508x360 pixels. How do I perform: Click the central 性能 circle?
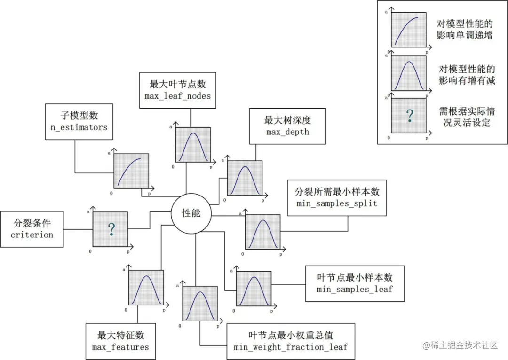click(191, 213)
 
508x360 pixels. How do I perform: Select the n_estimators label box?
click(79, 122)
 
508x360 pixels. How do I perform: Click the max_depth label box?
click(287, 125)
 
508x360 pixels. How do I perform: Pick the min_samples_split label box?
click(337, 197)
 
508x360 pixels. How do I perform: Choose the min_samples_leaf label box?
click(354, 283)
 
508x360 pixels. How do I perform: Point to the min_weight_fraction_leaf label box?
click(290, 341)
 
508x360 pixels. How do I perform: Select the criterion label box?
click(32, 229)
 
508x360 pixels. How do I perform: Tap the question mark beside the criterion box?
click(111, 229)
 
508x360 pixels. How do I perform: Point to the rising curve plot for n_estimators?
click(131, 171)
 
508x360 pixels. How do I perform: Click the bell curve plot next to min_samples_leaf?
click(254, 289)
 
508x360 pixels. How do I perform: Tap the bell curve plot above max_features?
click(146, 287)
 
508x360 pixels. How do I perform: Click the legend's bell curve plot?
click(409, 73)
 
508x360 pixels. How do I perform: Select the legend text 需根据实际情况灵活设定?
click(467, 117)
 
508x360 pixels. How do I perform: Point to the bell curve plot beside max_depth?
click(244, 178)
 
